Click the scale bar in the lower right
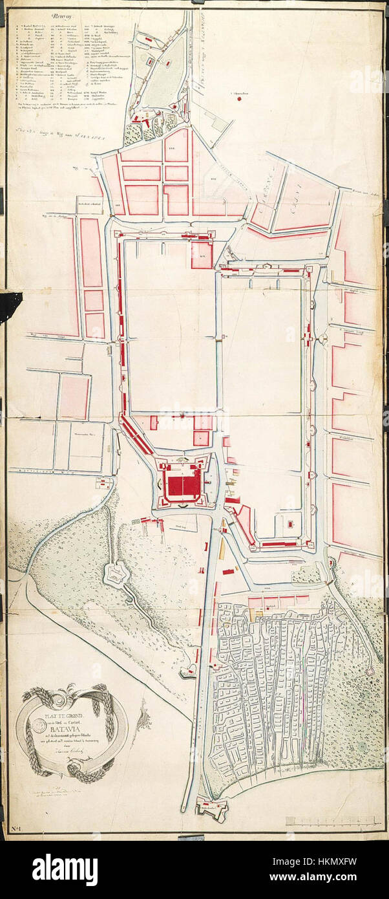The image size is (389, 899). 333,819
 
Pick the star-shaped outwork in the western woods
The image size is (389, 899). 118,574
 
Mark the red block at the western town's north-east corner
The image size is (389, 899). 202,254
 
